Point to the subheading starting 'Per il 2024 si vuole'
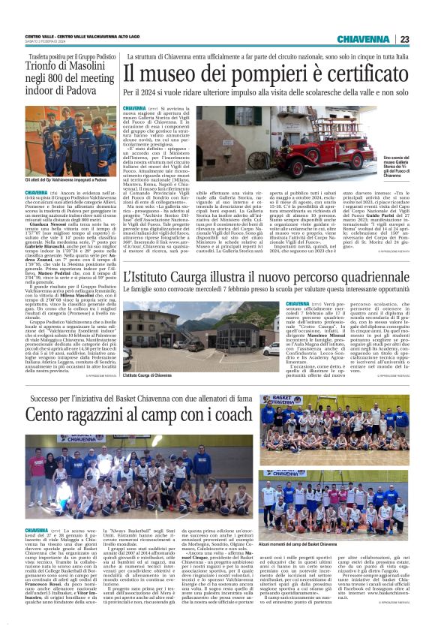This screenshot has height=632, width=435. click(x=265, y=93)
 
